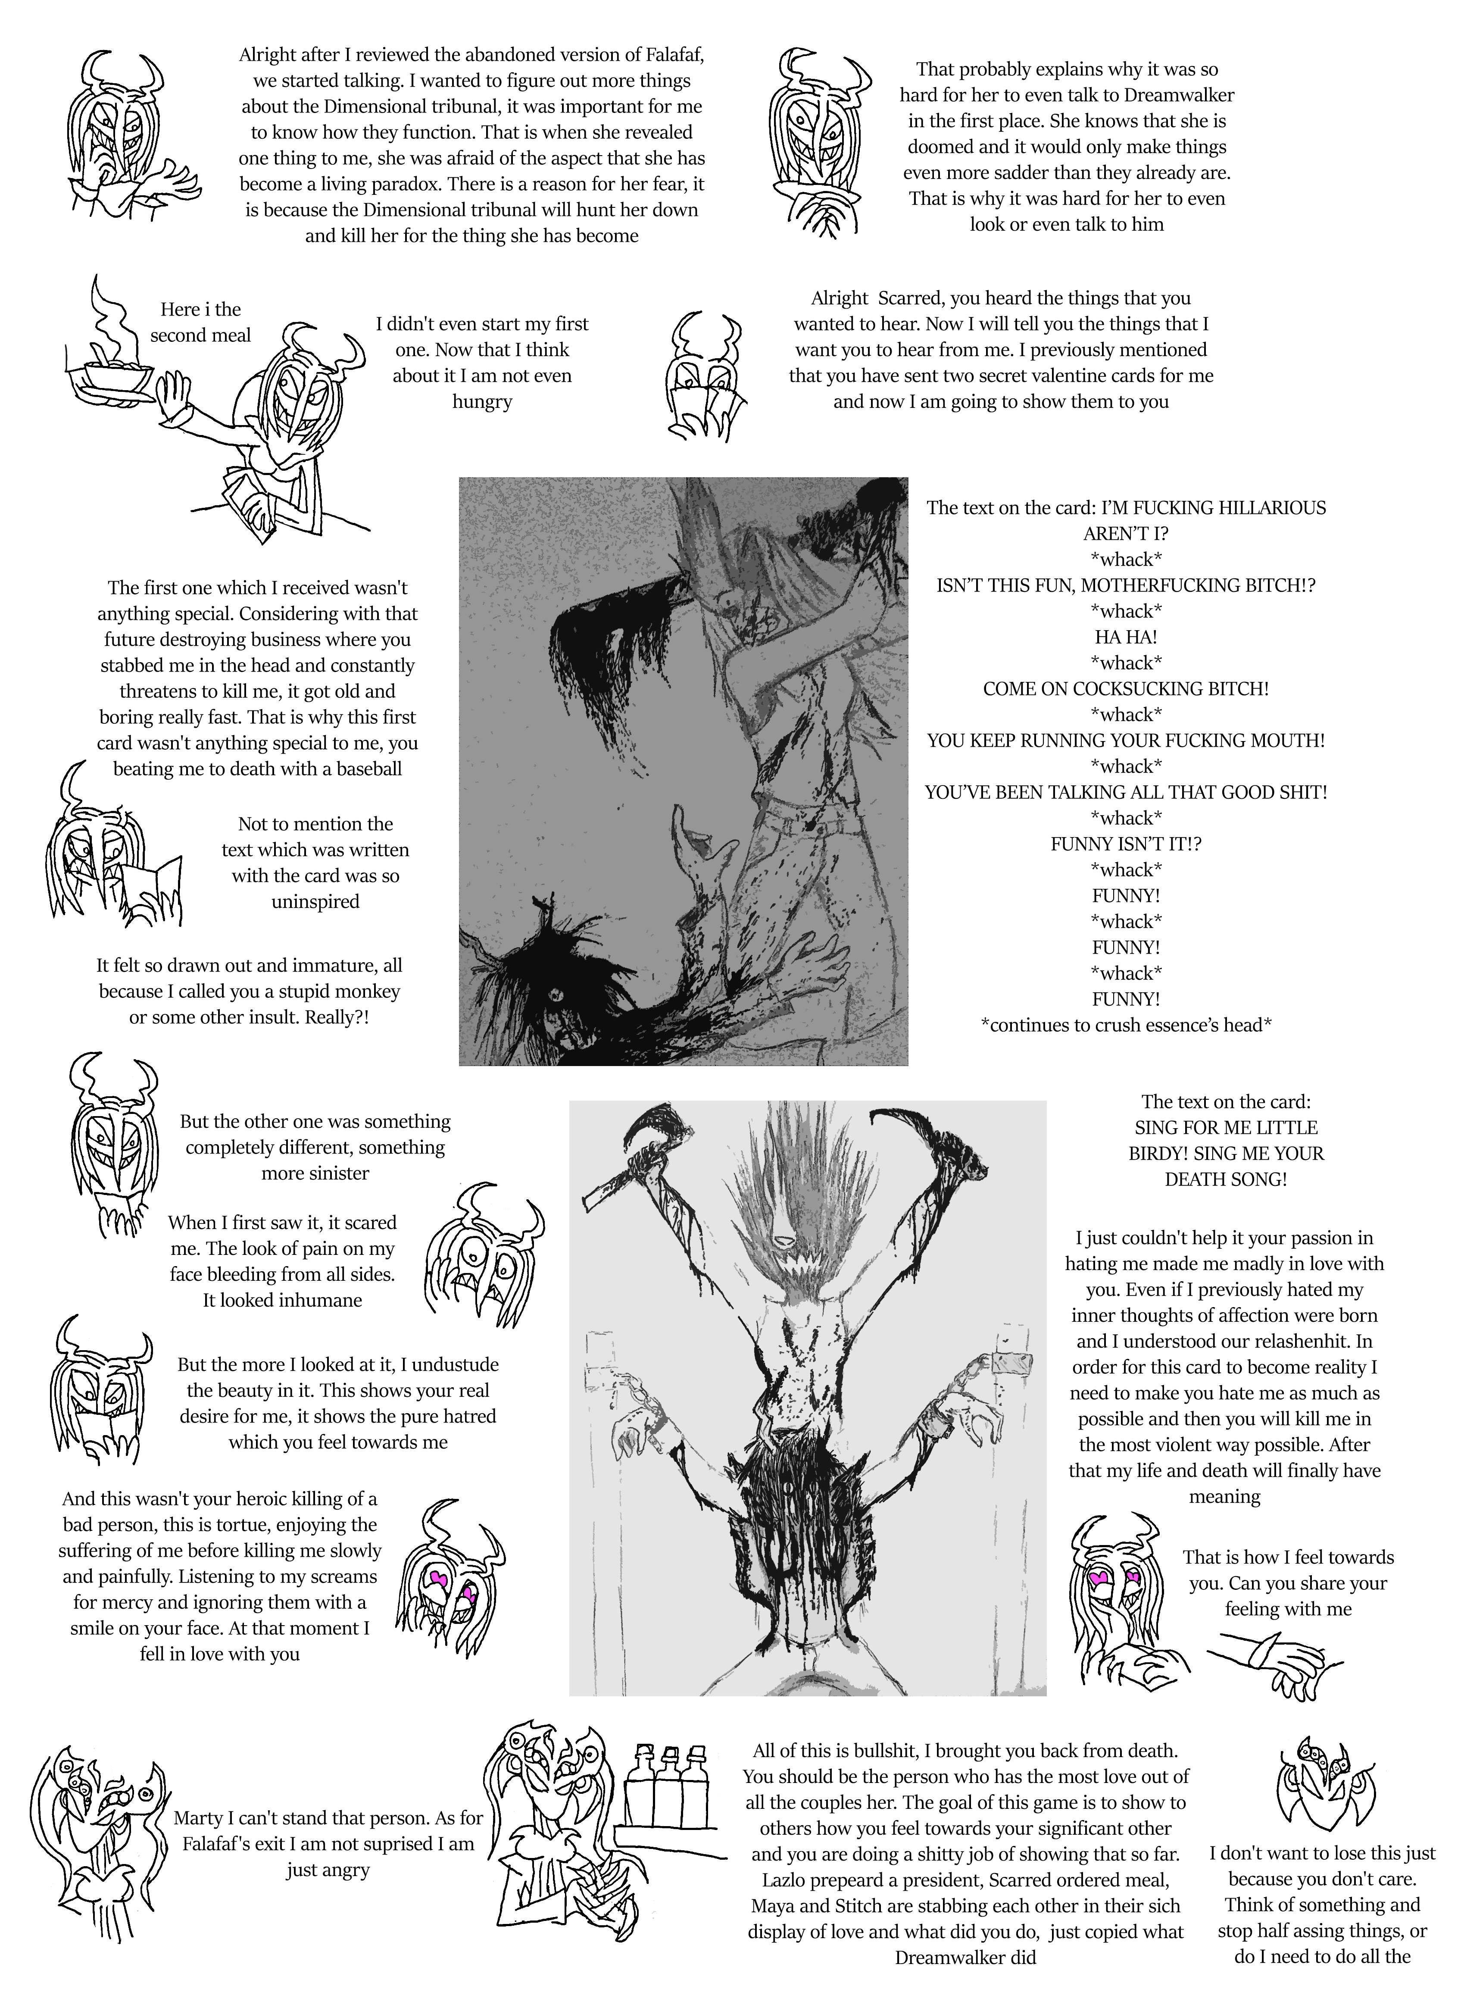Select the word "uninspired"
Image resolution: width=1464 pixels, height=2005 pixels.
pyautogui.click(x=315, y=901)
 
